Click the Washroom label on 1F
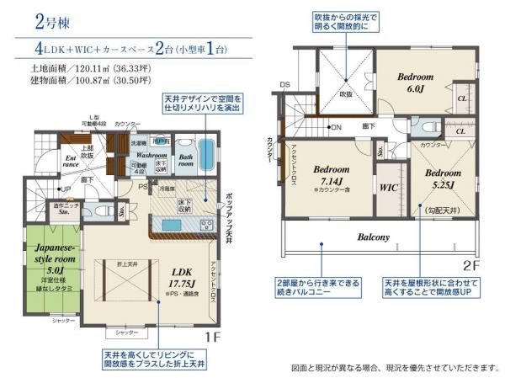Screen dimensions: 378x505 152,156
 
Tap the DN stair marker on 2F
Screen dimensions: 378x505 335,127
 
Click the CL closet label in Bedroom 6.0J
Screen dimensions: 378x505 462,98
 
